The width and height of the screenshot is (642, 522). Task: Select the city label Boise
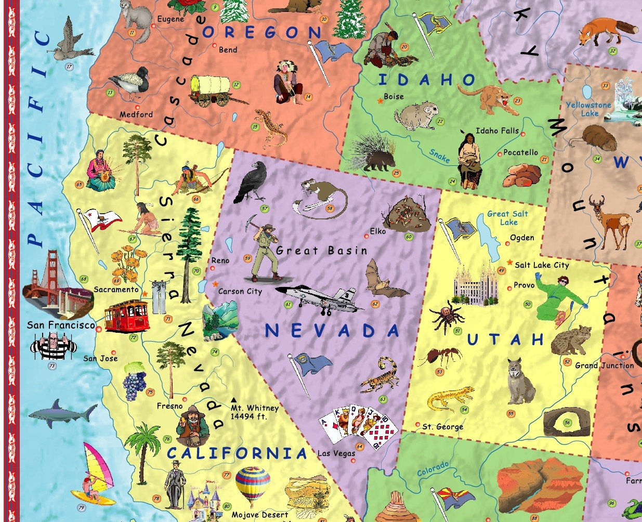394,97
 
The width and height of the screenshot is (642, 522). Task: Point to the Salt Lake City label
542,265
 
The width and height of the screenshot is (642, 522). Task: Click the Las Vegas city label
336,453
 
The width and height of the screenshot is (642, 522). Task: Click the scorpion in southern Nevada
381,374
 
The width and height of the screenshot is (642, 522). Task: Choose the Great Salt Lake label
508,218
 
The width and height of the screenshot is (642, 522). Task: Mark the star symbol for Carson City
216,284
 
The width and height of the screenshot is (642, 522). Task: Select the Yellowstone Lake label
589,109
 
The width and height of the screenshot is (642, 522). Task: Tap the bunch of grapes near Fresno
135,381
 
